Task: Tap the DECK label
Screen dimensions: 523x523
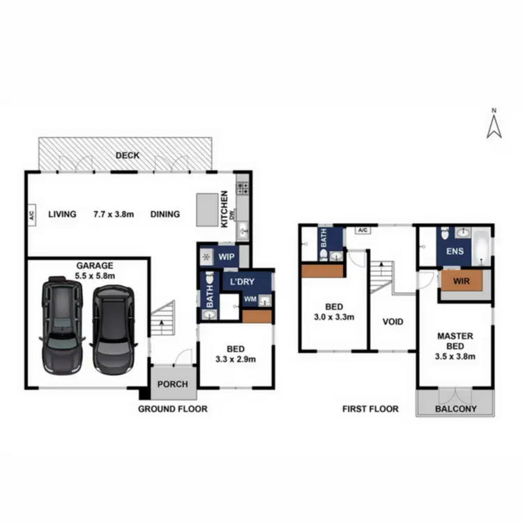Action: click(128, 155)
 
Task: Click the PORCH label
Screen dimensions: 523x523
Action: click(172, 384)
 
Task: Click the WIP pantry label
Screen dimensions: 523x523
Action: click(226, 257)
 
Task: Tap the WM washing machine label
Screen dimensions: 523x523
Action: click(250, 301)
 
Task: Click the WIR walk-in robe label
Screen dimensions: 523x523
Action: click(460, 282)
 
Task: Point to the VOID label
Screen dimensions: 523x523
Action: click(393, 321)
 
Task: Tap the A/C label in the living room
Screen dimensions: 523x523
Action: click(32, 215)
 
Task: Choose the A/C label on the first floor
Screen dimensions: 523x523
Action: click(362, 230)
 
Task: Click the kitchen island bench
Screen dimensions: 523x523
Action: click(206, 210)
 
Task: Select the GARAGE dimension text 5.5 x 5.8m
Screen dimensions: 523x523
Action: click(96, 276)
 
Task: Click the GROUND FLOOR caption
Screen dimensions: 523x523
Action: click(172, 409)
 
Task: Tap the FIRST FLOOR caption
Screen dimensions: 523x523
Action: click(370, 409)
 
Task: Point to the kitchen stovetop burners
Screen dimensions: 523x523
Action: click(243, 187)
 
